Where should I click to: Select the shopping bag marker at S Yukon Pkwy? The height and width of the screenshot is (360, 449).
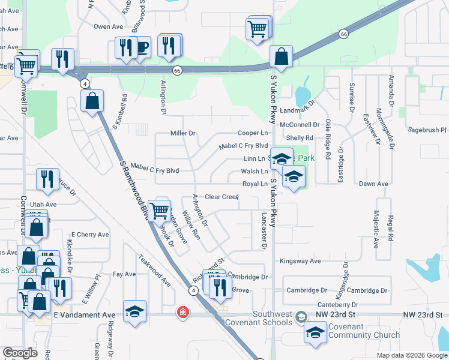click(x=281, y=56)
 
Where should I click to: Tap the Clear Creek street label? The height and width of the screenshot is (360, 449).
click(x=221, y=197)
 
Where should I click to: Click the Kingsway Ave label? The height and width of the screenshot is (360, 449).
click(x=301, y=261)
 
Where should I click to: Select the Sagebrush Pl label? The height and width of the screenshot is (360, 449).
click(x=427, y=130)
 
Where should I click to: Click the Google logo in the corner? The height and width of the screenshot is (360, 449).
click(x=19, y=353)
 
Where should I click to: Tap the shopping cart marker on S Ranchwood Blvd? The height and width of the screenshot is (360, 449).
click(x=159, y=210)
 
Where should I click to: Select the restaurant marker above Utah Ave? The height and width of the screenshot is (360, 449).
click(x=47, y=178)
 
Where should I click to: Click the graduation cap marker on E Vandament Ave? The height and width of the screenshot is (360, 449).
click(x=135, y=311)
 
